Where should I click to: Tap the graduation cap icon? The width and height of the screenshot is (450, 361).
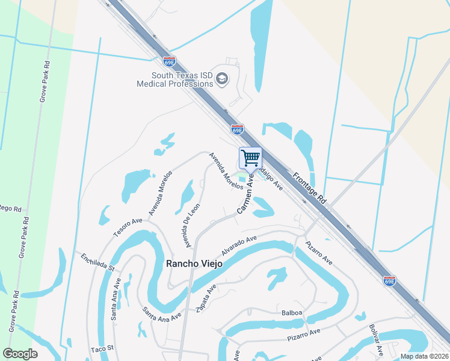pos(221,79)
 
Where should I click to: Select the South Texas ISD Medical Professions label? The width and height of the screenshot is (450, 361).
pos(174,79)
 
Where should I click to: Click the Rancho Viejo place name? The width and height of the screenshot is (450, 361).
pos(191,264)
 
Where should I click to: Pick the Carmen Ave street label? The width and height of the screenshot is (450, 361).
pos(246,196)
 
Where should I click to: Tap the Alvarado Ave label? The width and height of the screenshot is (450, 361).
pos(239,246)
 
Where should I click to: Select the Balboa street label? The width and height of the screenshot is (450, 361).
pos(292,313)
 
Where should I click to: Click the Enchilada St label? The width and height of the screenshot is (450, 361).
pos(97,262)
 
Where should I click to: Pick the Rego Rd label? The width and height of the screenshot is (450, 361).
pos(11,209)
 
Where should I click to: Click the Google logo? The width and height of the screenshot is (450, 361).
pos(20,354)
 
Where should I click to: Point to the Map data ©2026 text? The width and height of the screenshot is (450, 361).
pos(424,356)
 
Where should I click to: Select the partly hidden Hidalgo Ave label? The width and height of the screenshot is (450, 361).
pos(271,179)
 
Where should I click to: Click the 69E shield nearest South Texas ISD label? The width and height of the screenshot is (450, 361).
pos(170,61)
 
